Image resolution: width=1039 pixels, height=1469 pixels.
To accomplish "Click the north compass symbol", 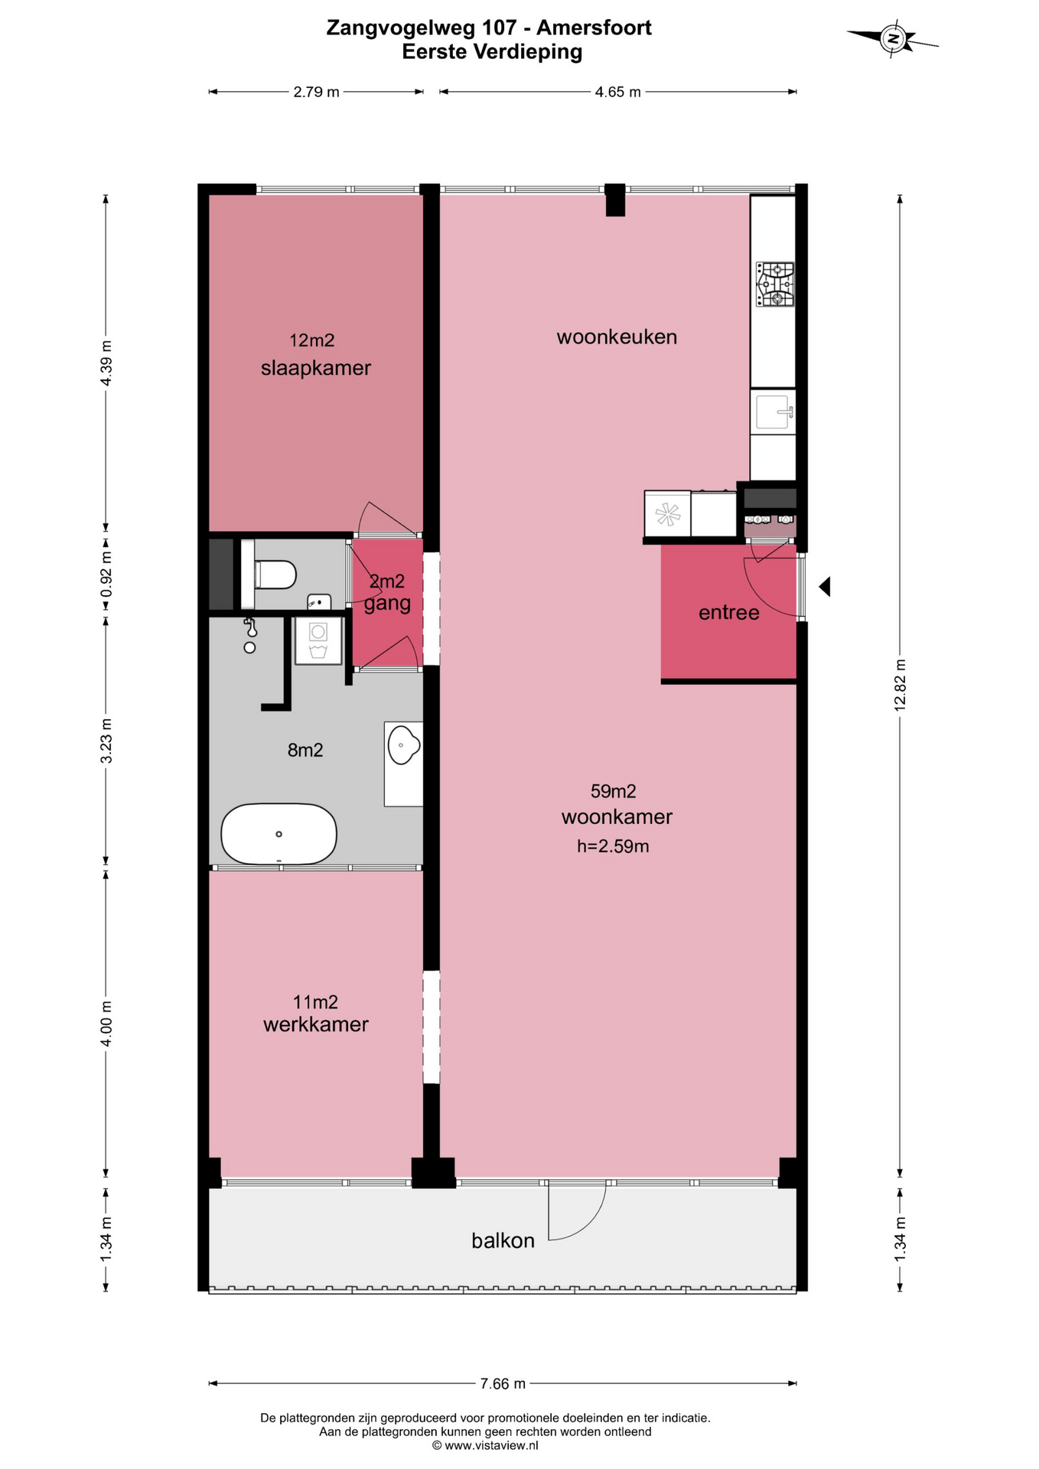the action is tap(892, 37).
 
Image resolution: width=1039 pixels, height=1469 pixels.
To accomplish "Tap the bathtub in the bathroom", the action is tap(278, 833).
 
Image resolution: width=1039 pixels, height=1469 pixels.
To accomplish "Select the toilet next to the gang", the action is tap(274, 574).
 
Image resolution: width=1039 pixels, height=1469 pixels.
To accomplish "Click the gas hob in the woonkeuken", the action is tap(775, 284).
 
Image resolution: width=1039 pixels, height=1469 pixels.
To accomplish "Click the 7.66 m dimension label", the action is tap(503, 1383).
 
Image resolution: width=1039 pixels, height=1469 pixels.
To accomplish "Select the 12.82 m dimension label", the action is tap(900, 685).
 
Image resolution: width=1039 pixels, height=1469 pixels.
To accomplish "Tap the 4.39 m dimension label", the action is tap(106, 363).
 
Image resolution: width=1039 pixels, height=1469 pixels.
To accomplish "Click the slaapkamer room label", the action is tap(316, 368).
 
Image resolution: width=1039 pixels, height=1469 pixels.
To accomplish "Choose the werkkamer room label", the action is tap(316, 1024).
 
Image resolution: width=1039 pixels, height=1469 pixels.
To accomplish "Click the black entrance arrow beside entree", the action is tap(825, 587).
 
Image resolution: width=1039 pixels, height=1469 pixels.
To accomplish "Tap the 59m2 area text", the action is tap(614, 791).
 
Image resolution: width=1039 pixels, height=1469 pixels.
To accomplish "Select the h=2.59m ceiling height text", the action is tap(613, 846).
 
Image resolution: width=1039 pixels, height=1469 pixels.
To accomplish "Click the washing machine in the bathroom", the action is tap(318, 641).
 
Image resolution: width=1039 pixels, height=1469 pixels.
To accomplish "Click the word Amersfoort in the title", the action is tap(594, 28).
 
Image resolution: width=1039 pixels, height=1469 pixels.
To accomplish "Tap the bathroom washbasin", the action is tap(403, 744).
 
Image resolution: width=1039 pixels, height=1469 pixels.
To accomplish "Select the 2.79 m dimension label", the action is tap(316, 92).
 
